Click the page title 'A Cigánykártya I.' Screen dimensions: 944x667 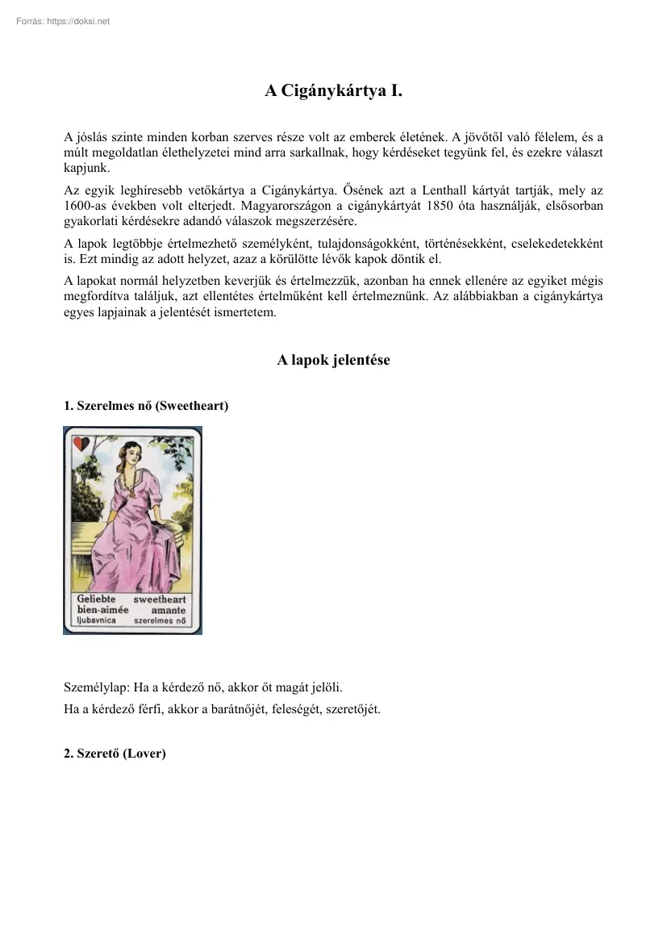(x=333, y=92)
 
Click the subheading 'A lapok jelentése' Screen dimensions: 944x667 (x=333, y=361)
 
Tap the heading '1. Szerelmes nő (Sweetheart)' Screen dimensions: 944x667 (x=146, y=406)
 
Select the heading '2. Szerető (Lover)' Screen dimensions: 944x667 (x=115, y=754)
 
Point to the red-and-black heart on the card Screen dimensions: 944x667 (x=81, y=442)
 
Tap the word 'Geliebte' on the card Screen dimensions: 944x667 (x=96, y=599)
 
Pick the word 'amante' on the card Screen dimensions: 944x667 (x=169, y=611)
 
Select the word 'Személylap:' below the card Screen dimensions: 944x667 (x=94, y=688)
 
